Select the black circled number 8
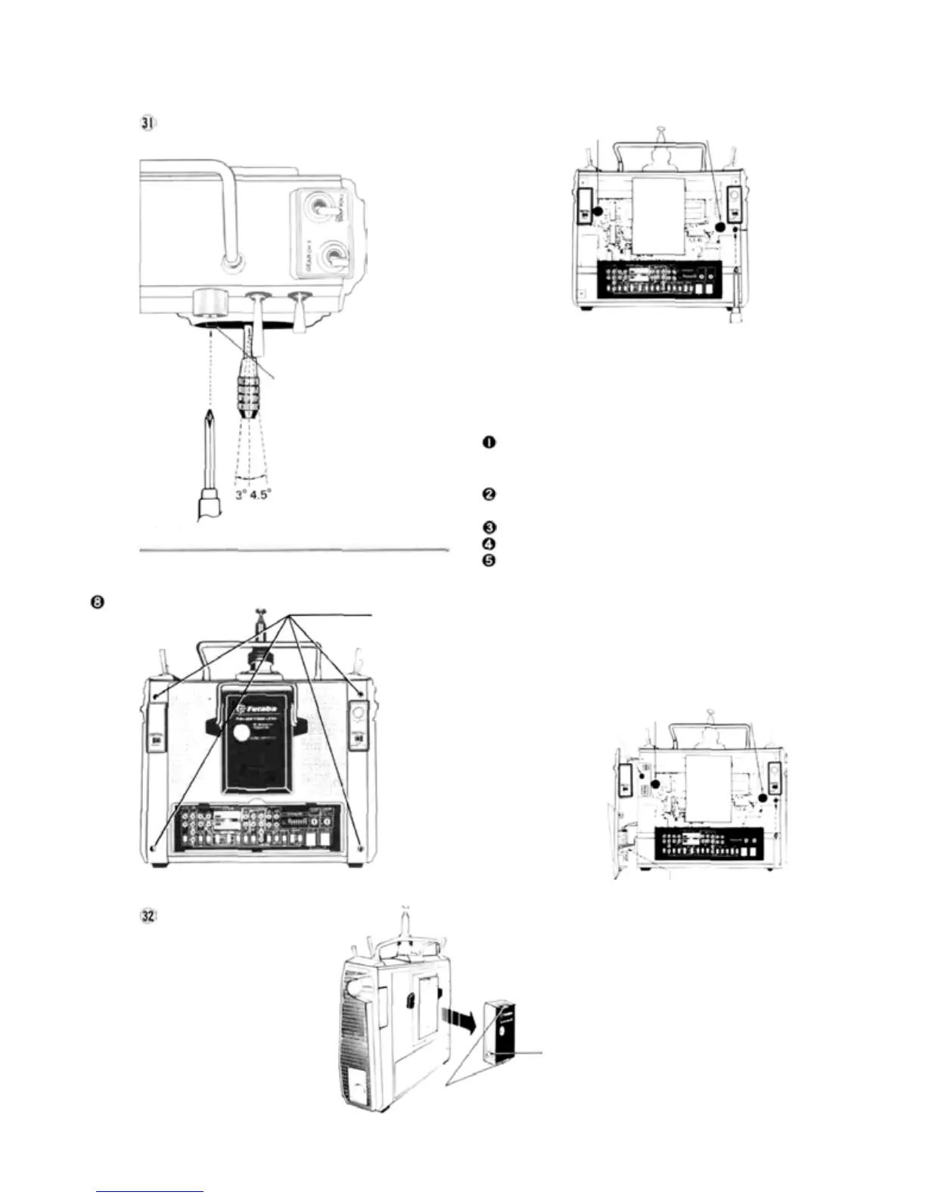(x=99, y=602)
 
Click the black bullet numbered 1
(x=489, y=443)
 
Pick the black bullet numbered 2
(x=489, y=495)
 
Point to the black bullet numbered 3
(x=489, y=528)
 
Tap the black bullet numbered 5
(x=489, y=560)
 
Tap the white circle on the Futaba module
(x=241, y=733)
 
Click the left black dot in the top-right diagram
(x=598, y=212)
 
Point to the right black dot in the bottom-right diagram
(x=763, y=798)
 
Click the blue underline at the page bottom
(x=151, y=1191)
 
